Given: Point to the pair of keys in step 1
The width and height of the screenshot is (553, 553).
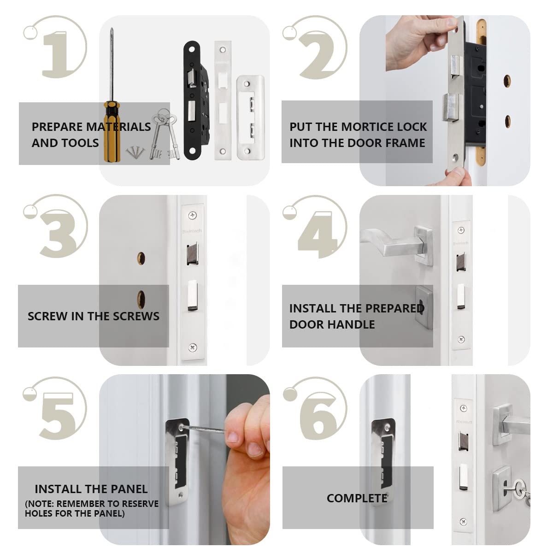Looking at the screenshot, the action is [165, 134].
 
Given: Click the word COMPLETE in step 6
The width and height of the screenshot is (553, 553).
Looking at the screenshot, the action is [357, 498].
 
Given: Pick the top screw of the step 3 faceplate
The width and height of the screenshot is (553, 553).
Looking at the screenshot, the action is [192, 215].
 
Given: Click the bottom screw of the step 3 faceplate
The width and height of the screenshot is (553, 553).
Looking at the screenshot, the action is [193, 347].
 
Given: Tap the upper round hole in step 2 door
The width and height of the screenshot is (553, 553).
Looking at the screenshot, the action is [507, 81].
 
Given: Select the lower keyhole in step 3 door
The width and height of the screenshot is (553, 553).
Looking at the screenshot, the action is [141, 299].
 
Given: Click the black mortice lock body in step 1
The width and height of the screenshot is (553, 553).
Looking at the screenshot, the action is [197, 100].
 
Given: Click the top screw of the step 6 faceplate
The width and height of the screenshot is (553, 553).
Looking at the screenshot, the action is [463, 408].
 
